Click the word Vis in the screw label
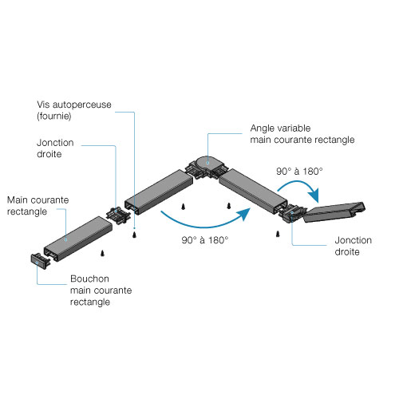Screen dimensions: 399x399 43,105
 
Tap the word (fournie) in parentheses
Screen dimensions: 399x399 54,117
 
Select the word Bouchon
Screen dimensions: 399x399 89,279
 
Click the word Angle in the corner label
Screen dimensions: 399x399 263,128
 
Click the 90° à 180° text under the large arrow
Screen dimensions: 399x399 205,240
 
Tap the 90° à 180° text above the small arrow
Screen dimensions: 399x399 299,172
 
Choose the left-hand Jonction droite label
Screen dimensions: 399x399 55,148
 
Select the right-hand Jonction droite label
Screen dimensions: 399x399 354,246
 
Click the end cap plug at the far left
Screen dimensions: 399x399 41,260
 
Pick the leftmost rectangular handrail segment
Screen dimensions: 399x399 78,239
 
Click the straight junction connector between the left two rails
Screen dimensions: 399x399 118,215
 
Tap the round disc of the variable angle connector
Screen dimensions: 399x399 207,162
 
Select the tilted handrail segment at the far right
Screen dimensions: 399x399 334,211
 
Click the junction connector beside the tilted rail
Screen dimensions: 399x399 291,212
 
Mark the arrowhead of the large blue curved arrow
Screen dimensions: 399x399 243,214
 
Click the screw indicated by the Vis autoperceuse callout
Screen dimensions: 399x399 135,235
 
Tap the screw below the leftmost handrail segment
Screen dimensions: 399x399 102,253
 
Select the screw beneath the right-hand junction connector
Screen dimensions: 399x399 278,234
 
